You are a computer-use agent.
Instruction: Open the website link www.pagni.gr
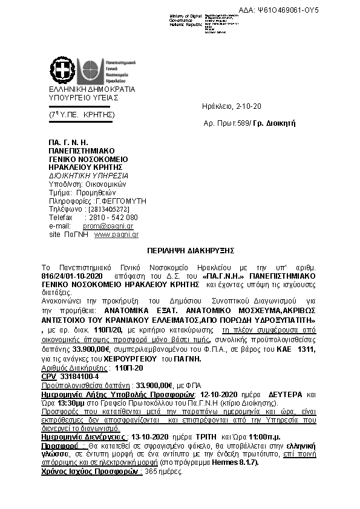(x=117, y=234)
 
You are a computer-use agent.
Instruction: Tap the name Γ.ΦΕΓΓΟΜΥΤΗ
(x=121, y=201)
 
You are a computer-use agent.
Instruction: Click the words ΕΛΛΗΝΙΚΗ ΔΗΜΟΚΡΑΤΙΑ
(x=93, y=89)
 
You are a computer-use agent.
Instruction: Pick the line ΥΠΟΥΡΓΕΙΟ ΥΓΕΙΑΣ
(x=84, y=97)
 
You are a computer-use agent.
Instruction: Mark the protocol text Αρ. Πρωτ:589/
(x=224, y=123)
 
